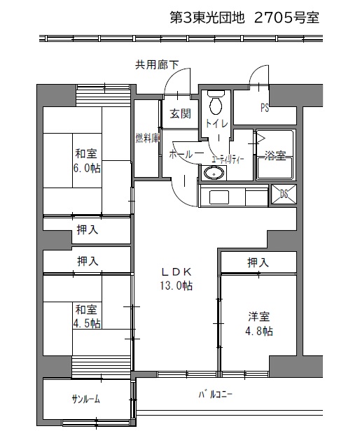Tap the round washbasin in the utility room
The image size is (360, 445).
point(214,173)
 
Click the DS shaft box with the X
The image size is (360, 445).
point(283,194)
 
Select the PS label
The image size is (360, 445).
point(265,108)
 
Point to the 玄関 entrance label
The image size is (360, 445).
point(181,114)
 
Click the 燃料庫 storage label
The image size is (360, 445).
point(147,138)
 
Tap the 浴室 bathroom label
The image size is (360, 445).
point(275,155)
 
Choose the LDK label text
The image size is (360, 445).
point(176,272)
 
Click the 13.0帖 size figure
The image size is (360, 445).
point(176,285)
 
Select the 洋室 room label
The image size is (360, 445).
point(259,317)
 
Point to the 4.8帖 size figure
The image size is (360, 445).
point(259,331)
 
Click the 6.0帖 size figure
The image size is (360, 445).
point(87,168)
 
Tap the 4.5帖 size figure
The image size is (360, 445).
point(87,323)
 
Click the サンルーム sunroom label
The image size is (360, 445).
point(86,400)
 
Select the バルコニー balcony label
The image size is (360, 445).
point(215,394)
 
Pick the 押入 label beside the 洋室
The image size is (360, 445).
point(258,262)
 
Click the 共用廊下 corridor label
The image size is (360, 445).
point(157,65)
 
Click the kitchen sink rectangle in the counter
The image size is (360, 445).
point(219,197)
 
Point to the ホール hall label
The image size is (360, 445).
point(186,155)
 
